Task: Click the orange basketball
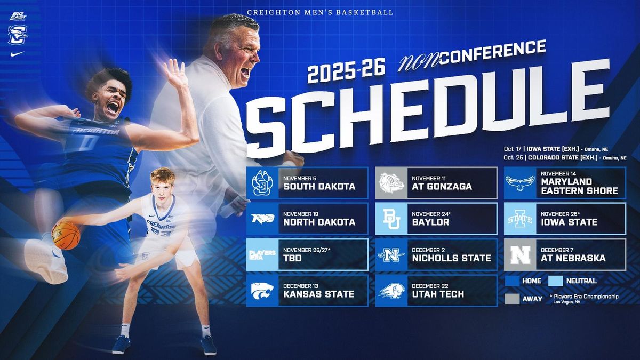(x=66, y=236)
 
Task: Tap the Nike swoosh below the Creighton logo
(x=18, y=54)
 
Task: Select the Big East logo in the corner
(x=18, y=17)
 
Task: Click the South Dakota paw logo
(x=262, y=183)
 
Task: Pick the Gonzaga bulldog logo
(x=391, y=183)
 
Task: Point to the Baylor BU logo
(x=391, y=219)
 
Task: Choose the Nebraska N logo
(x=521, y=255)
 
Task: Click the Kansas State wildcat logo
(x=262, y=291)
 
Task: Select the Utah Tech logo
(x=391, y=291)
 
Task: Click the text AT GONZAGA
(x=442, y=187)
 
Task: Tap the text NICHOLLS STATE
(x=451, y=258)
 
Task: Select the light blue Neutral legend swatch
(x=555, y=281)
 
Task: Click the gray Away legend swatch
(x=512, y=299)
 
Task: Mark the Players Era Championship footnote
(x=584, y=299)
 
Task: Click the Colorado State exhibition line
(x=565, y=158)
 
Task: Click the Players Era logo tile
(x=262, y=255)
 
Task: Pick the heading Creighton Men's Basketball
(x=320, y=13)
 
